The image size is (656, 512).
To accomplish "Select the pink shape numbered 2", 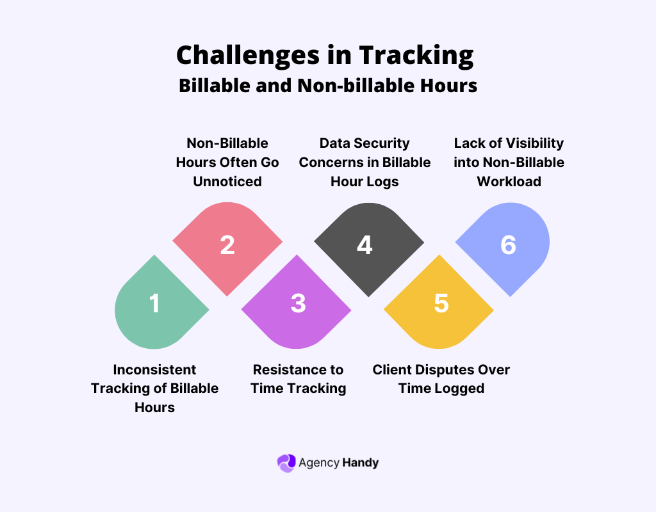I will point(227,246).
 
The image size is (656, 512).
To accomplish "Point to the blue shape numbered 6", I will point(506,246).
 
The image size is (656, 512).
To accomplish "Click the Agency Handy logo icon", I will point(286,463).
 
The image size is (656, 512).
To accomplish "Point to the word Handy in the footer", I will point(360,463).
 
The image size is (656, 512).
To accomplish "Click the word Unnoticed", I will point(227,182).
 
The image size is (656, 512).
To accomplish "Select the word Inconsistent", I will point(154,369).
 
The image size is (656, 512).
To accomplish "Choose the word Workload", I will point(509,182).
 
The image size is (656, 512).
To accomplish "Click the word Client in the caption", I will point(392,369).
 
